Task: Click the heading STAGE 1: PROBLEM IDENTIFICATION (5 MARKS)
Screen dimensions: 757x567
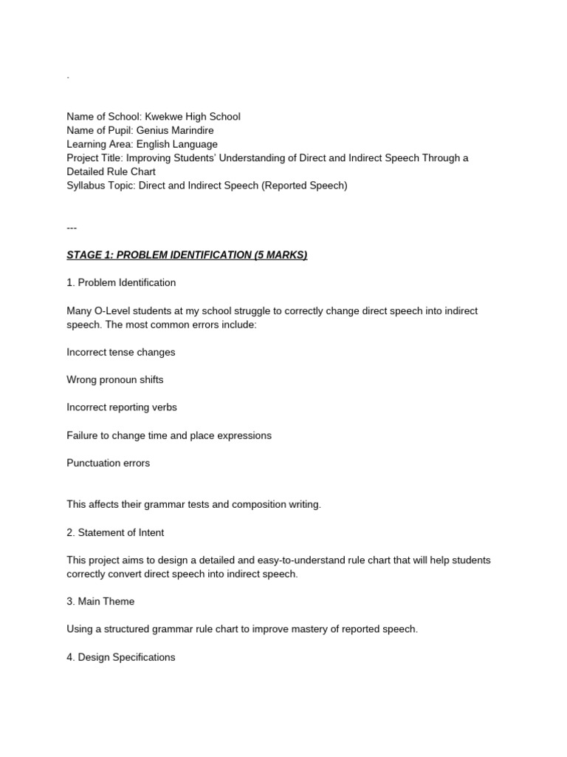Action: point(187,255)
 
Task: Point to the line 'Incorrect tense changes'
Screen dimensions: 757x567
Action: point(121,352)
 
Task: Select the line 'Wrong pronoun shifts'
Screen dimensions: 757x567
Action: point(115,380)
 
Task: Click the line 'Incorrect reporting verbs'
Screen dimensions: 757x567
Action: point(122,407)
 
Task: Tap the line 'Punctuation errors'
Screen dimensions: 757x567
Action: point(108,463)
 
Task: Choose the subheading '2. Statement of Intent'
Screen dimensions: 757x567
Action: point(115,532)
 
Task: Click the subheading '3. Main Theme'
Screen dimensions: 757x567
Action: point(100,602)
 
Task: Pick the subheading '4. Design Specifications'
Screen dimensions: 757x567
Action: point(121,657)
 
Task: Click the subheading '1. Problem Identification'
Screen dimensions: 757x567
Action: point(121,282)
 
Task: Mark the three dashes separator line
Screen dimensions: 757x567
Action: point(72,228)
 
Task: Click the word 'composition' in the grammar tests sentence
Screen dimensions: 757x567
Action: point(260,505)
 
